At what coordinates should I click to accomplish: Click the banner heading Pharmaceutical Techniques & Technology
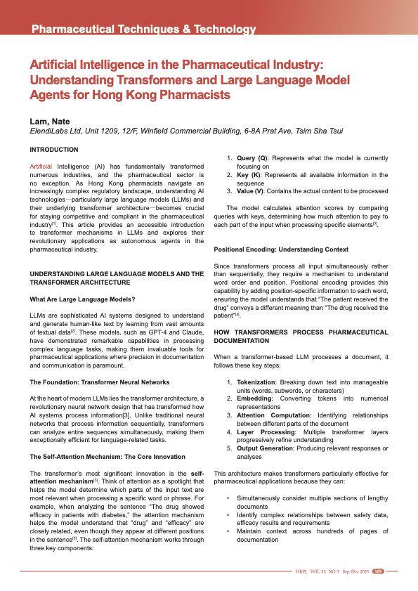143,30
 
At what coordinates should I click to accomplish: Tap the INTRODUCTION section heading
54,150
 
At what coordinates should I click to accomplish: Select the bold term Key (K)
248,174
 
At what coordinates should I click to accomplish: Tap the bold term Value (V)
251,190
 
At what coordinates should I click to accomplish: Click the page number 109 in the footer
377,571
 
